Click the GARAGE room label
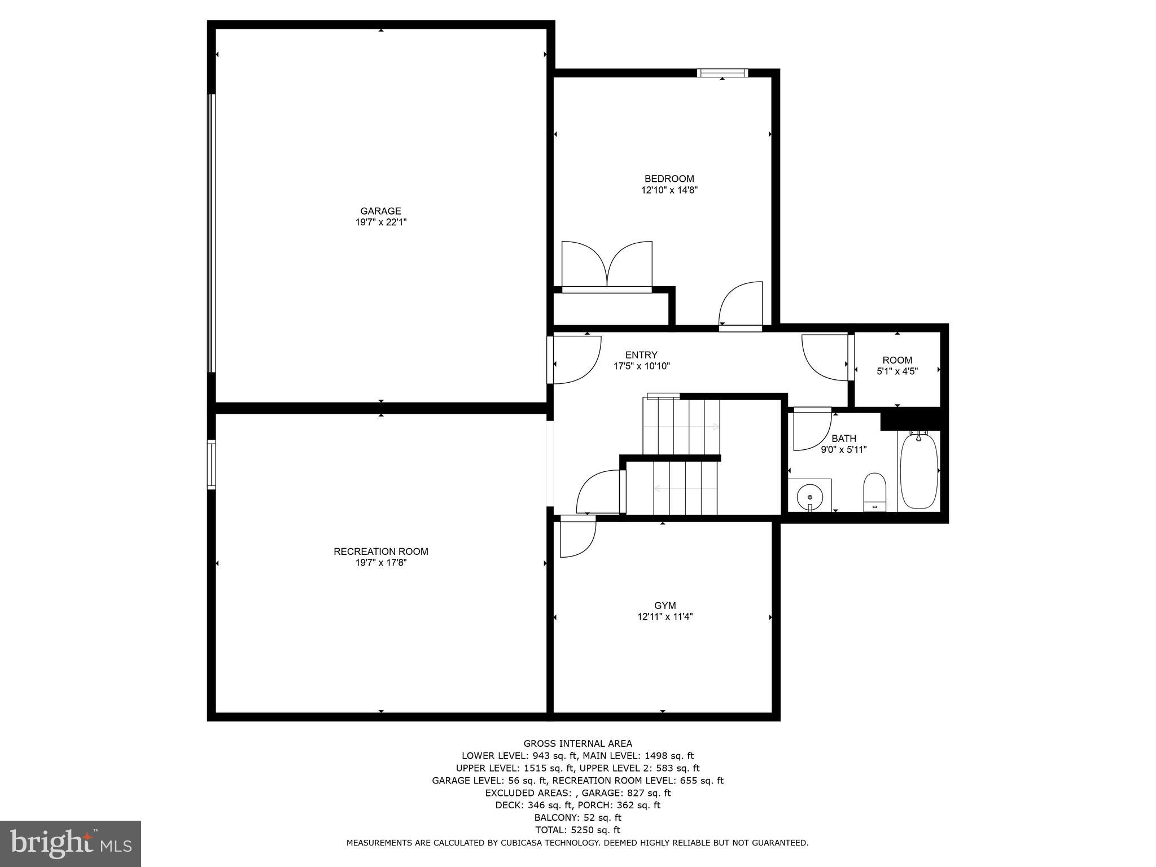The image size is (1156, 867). pos(380,211)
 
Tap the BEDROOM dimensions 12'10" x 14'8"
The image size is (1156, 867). pos(669,190)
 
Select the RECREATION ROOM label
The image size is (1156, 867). pos(380,551)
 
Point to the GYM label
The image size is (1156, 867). pos(665,606)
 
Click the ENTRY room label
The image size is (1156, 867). pos(641,355)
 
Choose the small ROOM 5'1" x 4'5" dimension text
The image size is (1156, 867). pos(897,371)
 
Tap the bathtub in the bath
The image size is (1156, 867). pos(919,471)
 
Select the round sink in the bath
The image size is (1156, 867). pos(810,497)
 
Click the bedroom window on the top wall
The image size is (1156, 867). pos(722,72)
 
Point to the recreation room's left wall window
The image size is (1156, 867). pos(211,465)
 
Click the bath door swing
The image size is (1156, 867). pos(811,430)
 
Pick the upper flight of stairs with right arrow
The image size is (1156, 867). pos(681,427)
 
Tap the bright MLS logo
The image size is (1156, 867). pos(71,843)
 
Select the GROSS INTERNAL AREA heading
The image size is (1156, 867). pos(577,743)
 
